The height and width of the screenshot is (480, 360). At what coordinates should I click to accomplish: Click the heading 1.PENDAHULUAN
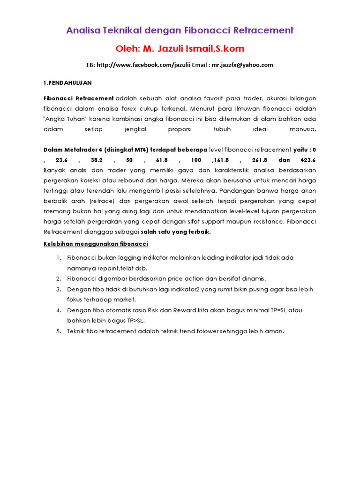click(x=67, y=83)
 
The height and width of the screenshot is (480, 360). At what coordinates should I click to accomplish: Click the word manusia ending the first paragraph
click(x=303, y=129)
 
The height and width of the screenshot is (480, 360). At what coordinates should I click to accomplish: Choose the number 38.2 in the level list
click(x=102, y=160)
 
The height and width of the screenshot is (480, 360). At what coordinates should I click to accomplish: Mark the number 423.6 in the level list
click(x=307, y=160)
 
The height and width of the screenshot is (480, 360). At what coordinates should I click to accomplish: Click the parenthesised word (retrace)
click(x=97, y=201)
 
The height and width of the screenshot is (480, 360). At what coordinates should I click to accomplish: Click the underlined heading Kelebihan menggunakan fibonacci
click(x=96, y=244)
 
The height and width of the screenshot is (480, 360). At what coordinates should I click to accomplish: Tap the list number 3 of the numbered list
click(x=59, y=290)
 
